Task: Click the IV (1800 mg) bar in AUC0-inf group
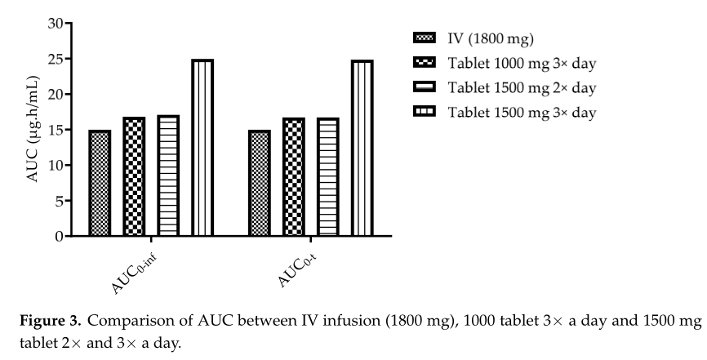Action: point(100,183)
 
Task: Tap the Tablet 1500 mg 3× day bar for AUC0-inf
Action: point(202,148)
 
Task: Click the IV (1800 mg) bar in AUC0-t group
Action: point(260,183)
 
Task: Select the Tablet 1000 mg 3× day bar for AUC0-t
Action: point(294,177)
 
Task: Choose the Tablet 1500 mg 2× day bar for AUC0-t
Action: point(327,177)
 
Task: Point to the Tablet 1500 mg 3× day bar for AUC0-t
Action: point(362,148)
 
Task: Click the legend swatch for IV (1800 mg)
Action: point(425,38)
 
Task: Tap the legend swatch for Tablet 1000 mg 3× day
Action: point(425,62)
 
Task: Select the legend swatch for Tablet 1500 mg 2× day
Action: point(425,87)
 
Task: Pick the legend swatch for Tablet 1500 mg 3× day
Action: point(425,111)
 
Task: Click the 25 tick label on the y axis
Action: point(54,59)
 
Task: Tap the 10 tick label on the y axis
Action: point(54,166)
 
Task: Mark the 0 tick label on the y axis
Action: point(58,237)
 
